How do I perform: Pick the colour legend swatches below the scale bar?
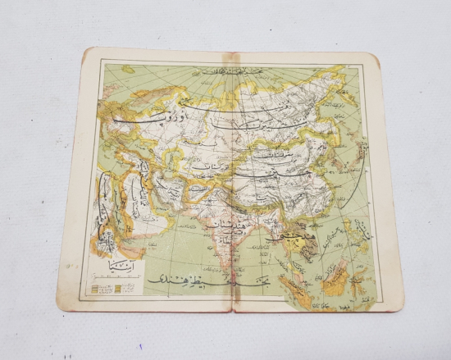[115, 289]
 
